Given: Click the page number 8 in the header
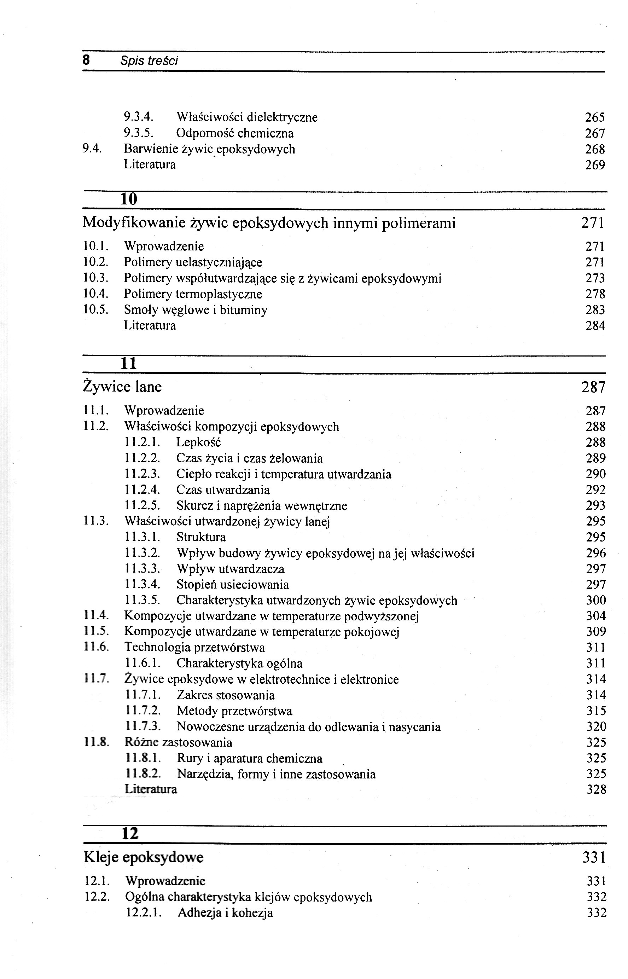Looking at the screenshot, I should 86,60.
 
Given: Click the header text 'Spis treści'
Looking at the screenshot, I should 149,61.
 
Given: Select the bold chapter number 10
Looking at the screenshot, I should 129,199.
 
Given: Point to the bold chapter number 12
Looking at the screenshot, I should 130,833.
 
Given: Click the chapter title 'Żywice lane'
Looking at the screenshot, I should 122,386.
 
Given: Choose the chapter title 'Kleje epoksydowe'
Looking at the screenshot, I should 144,857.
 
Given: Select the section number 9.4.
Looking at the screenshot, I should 92,149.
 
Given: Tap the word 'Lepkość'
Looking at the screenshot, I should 199,442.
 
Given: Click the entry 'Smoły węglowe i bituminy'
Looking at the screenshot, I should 196,310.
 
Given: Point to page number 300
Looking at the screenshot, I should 596,601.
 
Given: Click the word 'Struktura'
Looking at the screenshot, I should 201,537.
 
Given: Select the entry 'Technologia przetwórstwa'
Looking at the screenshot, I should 195,648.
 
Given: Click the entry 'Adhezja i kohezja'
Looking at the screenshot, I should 225,913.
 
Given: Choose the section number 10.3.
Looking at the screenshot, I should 95,279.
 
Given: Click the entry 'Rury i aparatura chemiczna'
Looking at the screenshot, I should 250,758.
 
